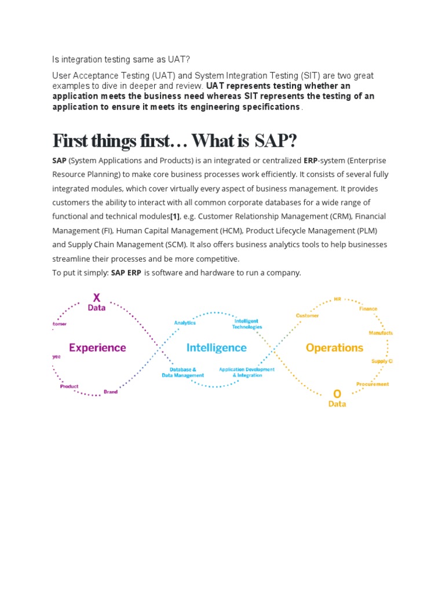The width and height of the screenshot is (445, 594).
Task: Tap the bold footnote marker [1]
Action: (x=174, y=216)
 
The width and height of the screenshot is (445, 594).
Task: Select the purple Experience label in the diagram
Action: (x=97, y=348)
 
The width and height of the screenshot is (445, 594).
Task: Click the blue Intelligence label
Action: (x=216, y=348)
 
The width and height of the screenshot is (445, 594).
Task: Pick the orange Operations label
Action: (x=334, y=348)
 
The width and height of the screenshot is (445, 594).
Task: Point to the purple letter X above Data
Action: (x=97, y=298)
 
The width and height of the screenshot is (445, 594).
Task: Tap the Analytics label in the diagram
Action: (x=185, y=323)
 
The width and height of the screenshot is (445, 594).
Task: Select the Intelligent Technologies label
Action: (x=247, y=324)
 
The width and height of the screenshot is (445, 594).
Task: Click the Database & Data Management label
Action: (x=183, y=372)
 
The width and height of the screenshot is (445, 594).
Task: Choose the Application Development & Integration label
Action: (x=247, y=372)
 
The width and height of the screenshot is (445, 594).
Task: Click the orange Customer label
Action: (x=308, y=316)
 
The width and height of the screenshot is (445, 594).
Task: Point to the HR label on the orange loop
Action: (x=337, y=300)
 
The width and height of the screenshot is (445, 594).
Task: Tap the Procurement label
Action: (x=373, y=384)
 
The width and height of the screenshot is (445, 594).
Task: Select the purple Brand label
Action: (x=111, y=392)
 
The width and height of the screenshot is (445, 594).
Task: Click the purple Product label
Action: (x=70, y=386)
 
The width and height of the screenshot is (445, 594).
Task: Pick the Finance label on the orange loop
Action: (x=368, y=309)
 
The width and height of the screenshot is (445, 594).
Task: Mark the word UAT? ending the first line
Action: (x=178, y=59)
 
